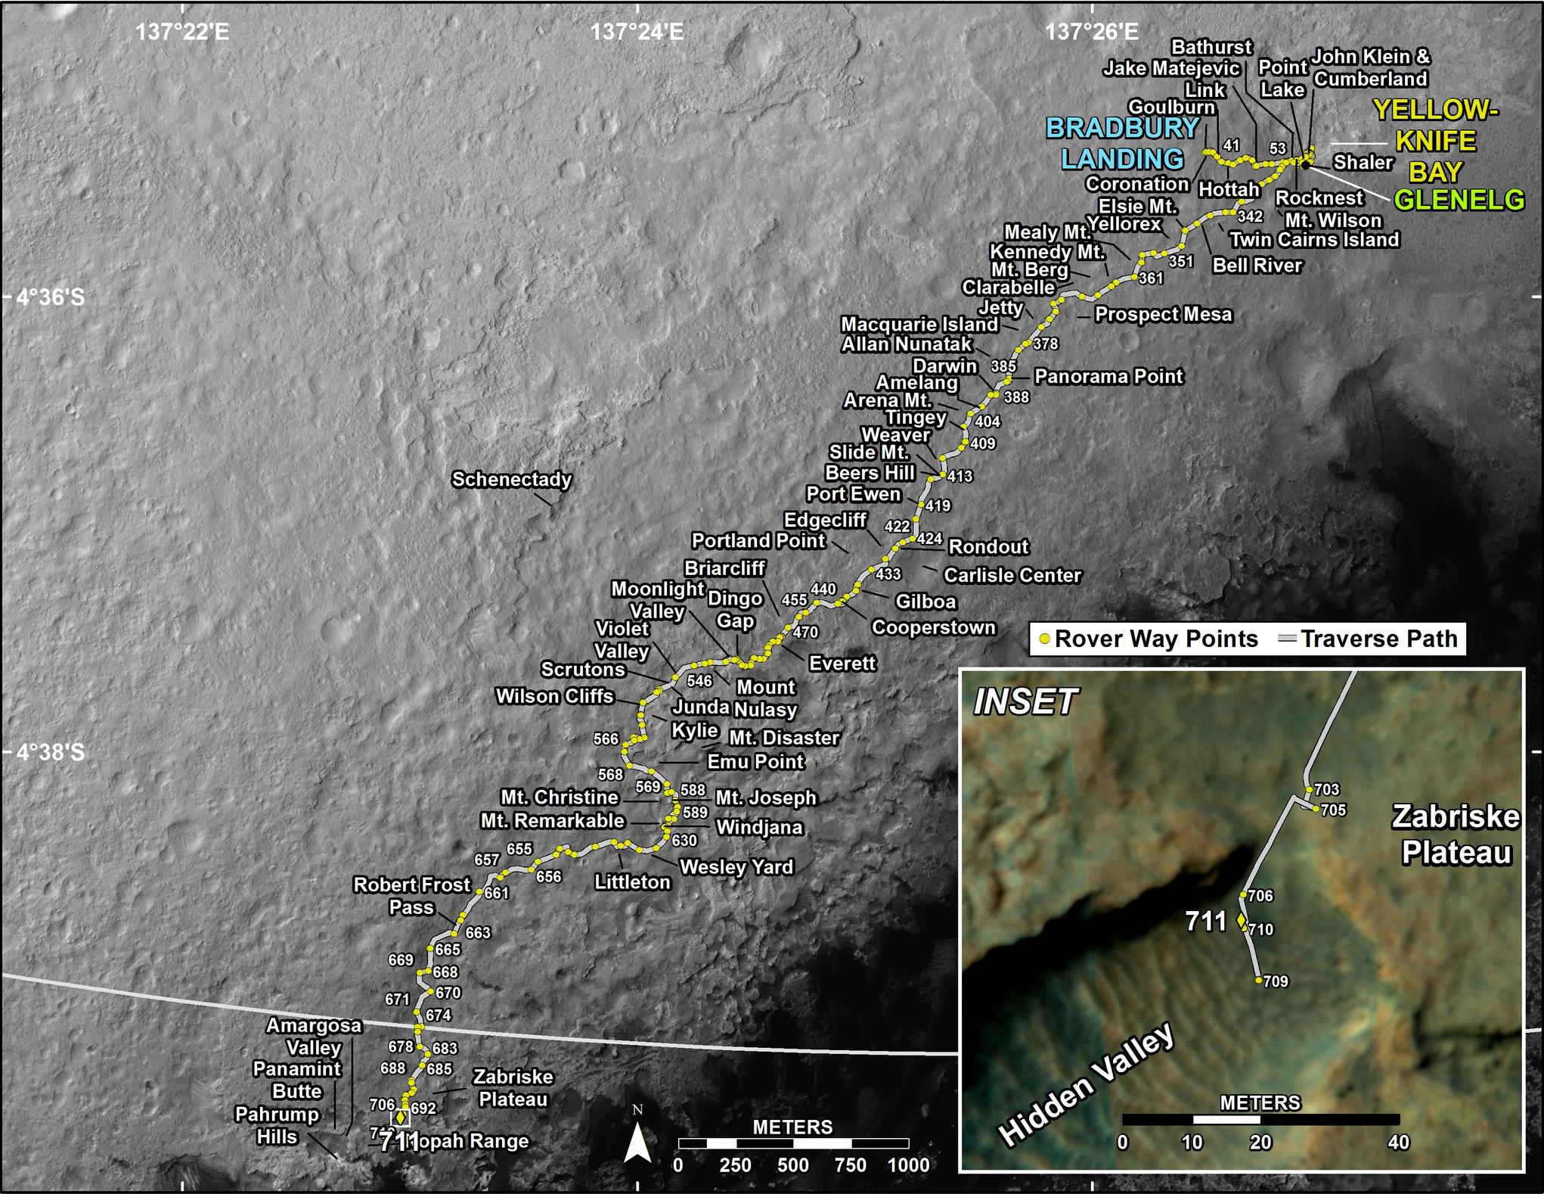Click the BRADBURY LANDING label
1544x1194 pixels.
(x=1122, y=144)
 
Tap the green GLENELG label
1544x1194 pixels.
(x=1459, y=200)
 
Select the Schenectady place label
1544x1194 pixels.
(x=511, y=480)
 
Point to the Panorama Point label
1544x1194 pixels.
(x=1108, y=376)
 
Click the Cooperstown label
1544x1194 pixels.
(x=933, y=627)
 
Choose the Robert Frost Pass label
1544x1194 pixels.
(x=412, y=895)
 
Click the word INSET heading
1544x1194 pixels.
(x=1025, y=702)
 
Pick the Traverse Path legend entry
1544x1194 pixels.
(x=1369, y=639)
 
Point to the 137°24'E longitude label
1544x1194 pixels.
(x=637, y=32)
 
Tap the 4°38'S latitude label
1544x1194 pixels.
(x=50, y=752)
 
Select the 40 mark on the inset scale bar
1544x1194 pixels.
(x=1398, y=1141)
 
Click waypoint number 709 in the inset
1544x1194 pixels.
(x=1276, y=981)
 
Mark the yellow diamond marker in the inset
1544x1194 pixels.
(x=1241, y=921)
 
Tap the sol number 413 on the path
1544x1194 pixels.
(x=960, y=476)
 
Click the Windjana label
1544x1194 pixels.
(x=759, y=827)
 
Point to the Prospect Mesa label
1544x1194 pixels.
(x=1163, y=314)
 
